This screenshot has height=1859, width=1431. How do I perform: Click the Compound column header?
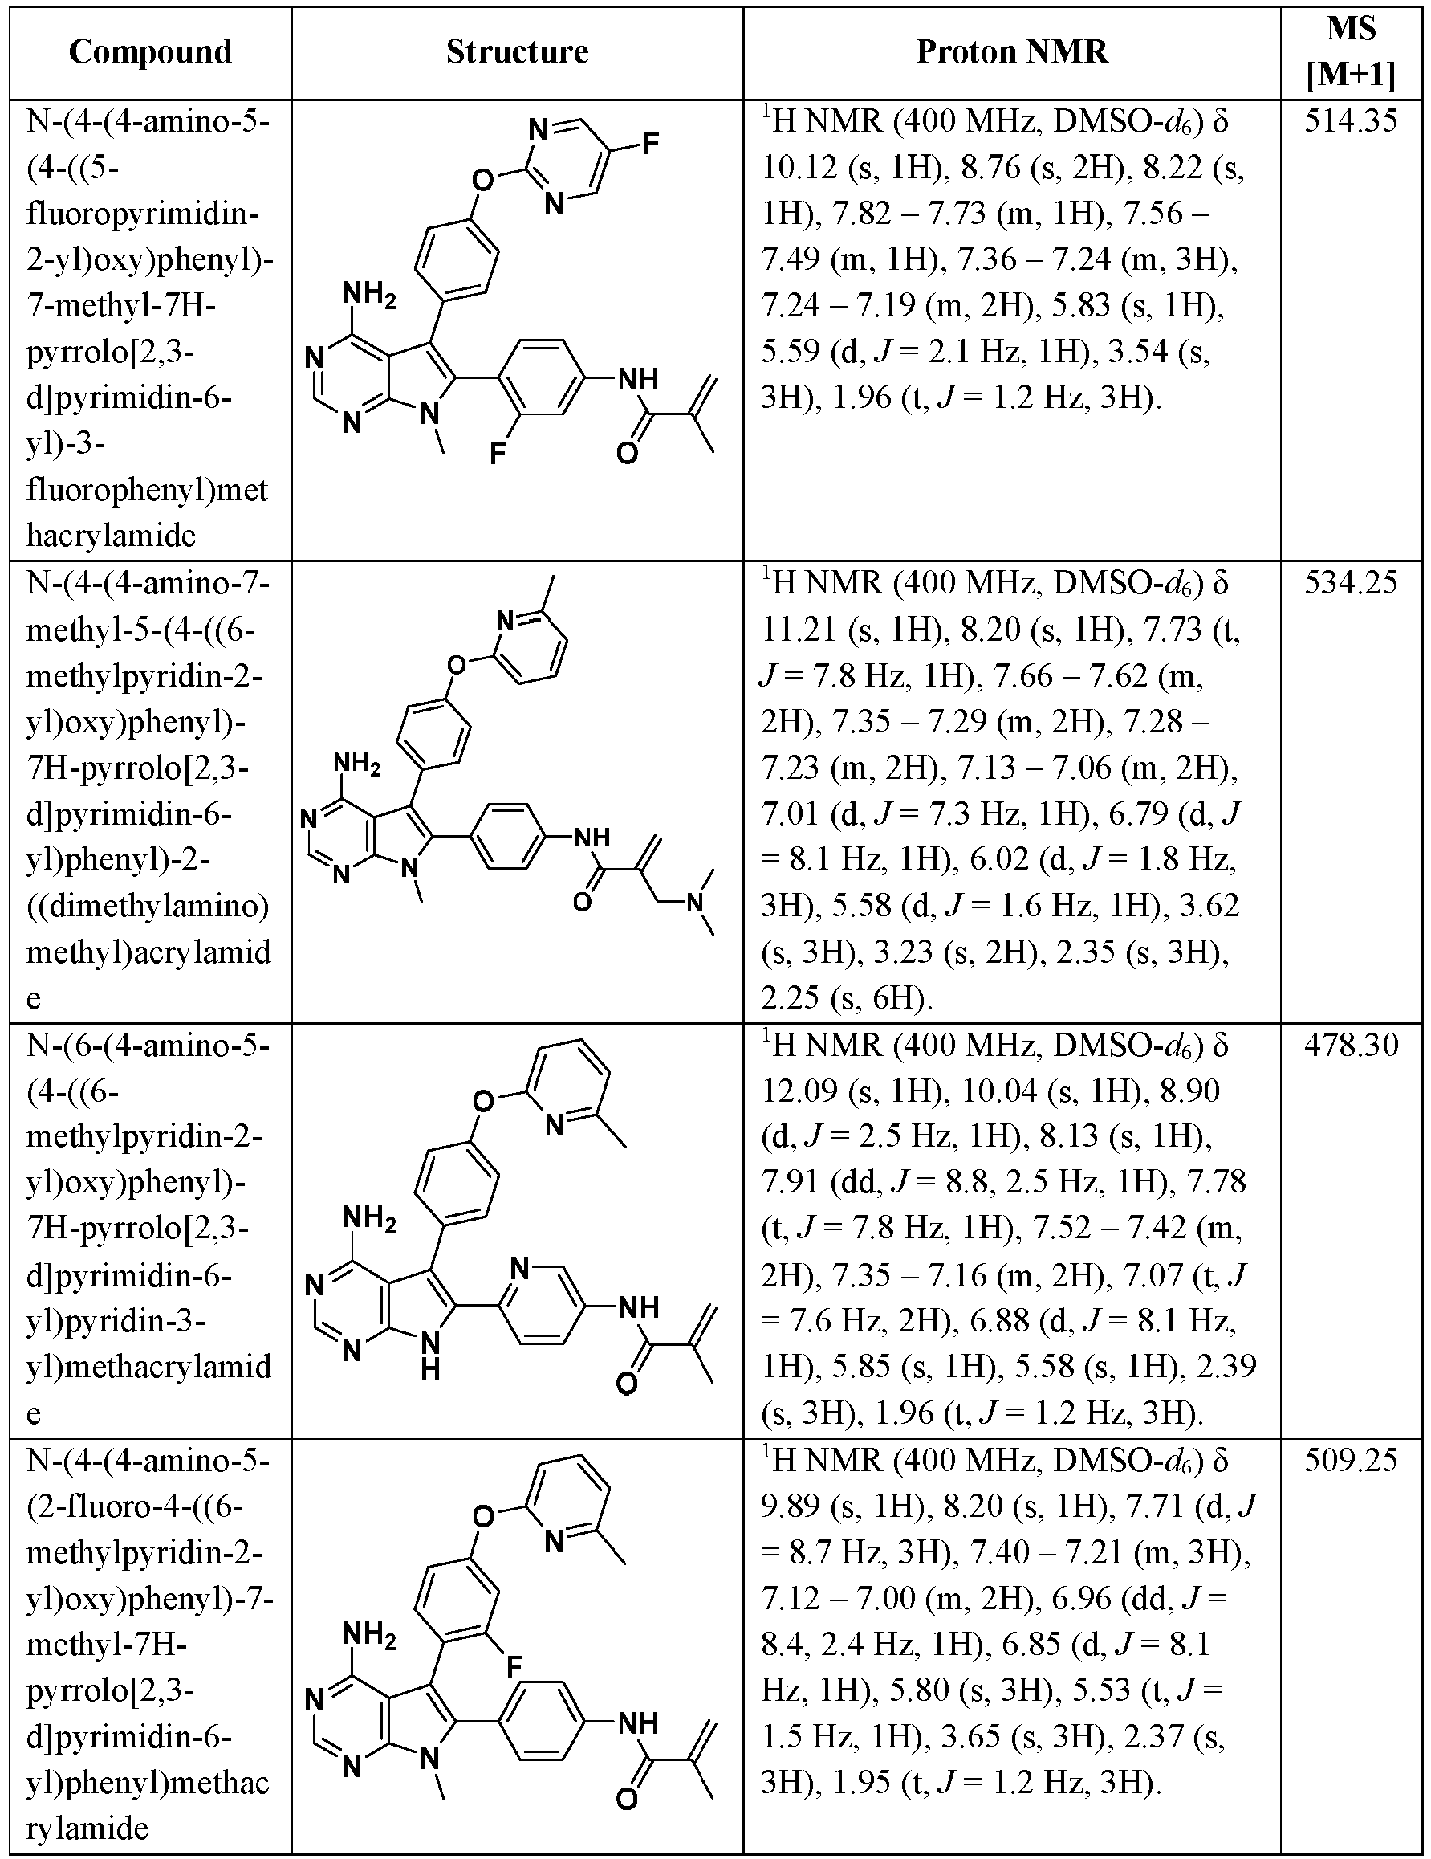tap(151, 52)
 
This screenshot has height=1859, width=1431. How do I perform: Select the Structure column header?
tap(518, 52)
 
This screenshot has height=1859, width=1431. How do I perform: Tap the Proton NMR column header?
tap(1011, 52)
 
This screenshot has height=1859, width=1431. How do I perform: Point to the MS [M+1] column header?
tap(1351, 53)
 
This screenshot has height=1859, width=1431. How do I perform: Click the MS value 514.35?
tap(1351, 122)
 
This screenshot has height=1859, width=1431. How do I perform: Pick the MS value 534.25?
tap(1351, 583)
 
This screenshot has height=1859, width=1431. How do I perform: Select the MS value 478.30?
tap(1351, 1045)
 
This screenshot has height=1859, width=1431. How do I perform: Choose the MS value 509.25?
tap(1351, 1460)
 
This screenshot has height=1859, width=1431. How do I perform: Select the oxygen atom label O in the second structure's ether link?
tap(457, 664)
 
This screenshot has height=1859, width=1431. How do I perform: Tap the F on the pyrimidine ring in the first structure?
tap(651, 144)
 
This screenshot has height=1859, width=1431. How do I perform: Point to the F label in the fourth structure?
tap(514, 1665)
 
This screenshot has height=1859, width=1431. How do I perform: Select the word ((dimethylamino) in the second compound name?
tap(148, 907)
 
